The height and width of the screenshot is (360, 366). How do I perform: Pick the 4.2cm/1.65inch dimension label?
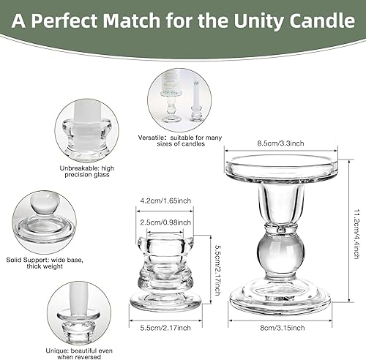165,198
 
